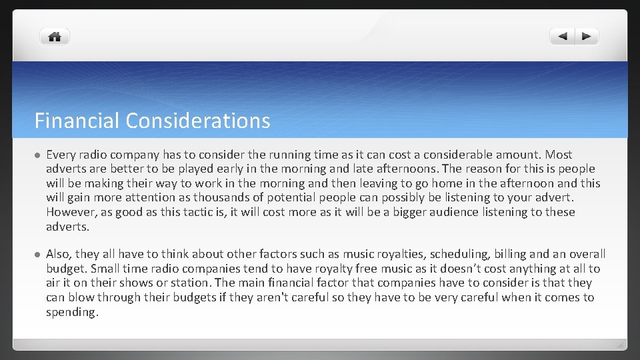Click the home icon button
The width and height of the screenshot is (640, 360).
(x=55, y=37)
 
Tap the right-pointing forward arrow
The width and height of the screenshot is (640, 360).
(x=586, y=37)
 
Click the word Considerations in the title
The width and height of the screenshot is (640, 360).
(x=197, y=121)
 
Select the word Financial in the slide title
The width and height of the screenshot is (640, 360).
(x=77, y=121)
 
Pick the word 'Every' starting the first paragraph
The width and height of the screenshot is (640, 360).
(x=61, y=155)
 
